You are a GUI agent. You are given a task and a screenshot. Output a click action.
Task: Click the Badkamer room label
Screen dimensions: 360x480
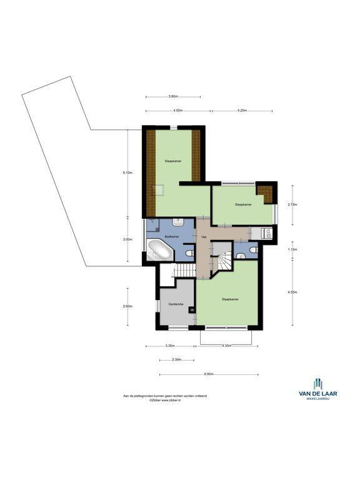coord(172,236)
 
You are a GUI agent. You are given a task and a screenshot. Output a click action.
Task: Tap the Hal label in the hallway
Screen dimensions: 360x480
coord(204,237)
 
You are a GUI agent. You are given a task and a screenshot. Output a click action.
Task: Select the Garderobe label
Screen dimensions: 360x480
coord(176,304)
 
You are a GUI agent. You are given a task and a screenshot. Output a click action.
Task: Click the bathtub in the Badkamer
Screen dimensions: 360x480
coord(161,250)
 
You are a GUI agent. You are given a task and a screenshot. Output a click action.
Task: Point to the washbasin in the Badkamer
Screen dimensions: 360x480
coord(177,222)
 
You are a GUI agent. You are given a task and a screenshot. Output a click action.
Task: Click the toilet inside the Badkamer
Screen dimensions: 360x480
coord(190,253)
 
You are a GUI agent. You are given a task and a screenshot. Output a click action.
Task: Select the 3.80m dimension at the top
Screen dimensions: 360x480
coord(173,96)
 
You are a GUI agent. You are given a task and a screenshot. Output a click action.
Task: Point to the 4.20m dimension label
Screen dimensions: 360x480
coord(242,111)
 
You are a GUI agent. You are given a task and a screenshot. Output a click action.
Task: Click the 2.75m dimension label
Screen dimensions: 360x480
coord(292,205)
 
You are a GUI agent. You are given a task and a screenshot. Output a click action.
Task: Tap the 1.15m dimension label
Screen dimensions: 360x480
coord(292,249)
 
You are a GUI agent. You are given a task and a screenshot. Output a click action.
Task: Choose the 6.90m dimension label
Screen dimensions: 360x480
coord(209,374)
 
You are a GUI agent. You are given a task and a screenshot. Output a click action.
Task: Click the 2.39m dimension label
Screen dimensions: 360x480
coord(177,359)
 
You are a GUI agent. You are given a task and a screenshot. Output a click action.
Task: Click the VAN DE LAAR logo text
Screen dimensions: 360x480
coord(318,393)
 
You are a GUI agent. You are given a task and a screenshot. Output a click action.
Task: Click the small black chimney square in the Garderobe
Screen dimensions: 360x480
coord(192,310)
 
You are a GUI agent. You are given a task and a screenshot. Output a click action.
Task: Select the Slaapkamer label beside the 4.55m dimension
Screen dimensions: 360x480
coord(230,299)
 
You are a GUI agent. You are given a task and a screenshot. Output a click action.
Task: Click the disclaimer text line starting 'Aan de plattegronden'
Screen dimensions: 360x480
coord(165,396)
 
